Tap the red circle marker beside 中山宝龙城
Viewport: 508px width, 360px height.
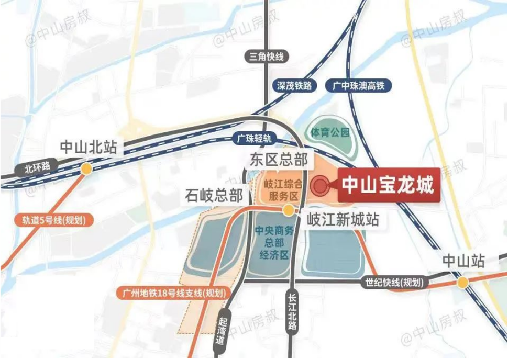point(319,185)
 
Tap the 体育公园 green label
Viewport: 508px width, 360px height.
point(329,132)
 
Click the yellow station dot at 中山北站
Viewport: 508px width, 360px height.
point(86,168)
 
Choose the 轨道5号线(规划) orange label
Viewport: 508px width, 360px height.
point(54,220)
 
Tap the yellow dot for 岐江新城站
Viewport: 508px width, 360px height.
point(288,210)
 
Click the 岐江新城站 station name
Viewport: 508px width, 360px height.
point(343,219)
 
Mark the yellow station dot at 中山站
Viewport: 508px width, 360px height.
point(462,283)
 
